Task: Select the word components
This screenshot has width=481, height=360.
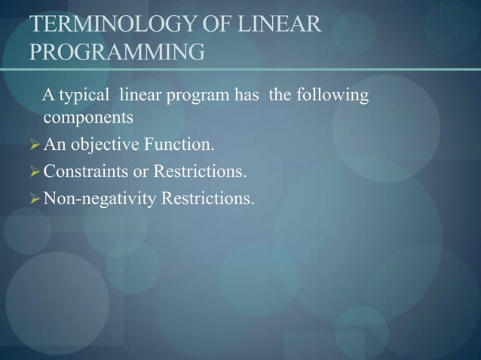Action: (x=88, y=118)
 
